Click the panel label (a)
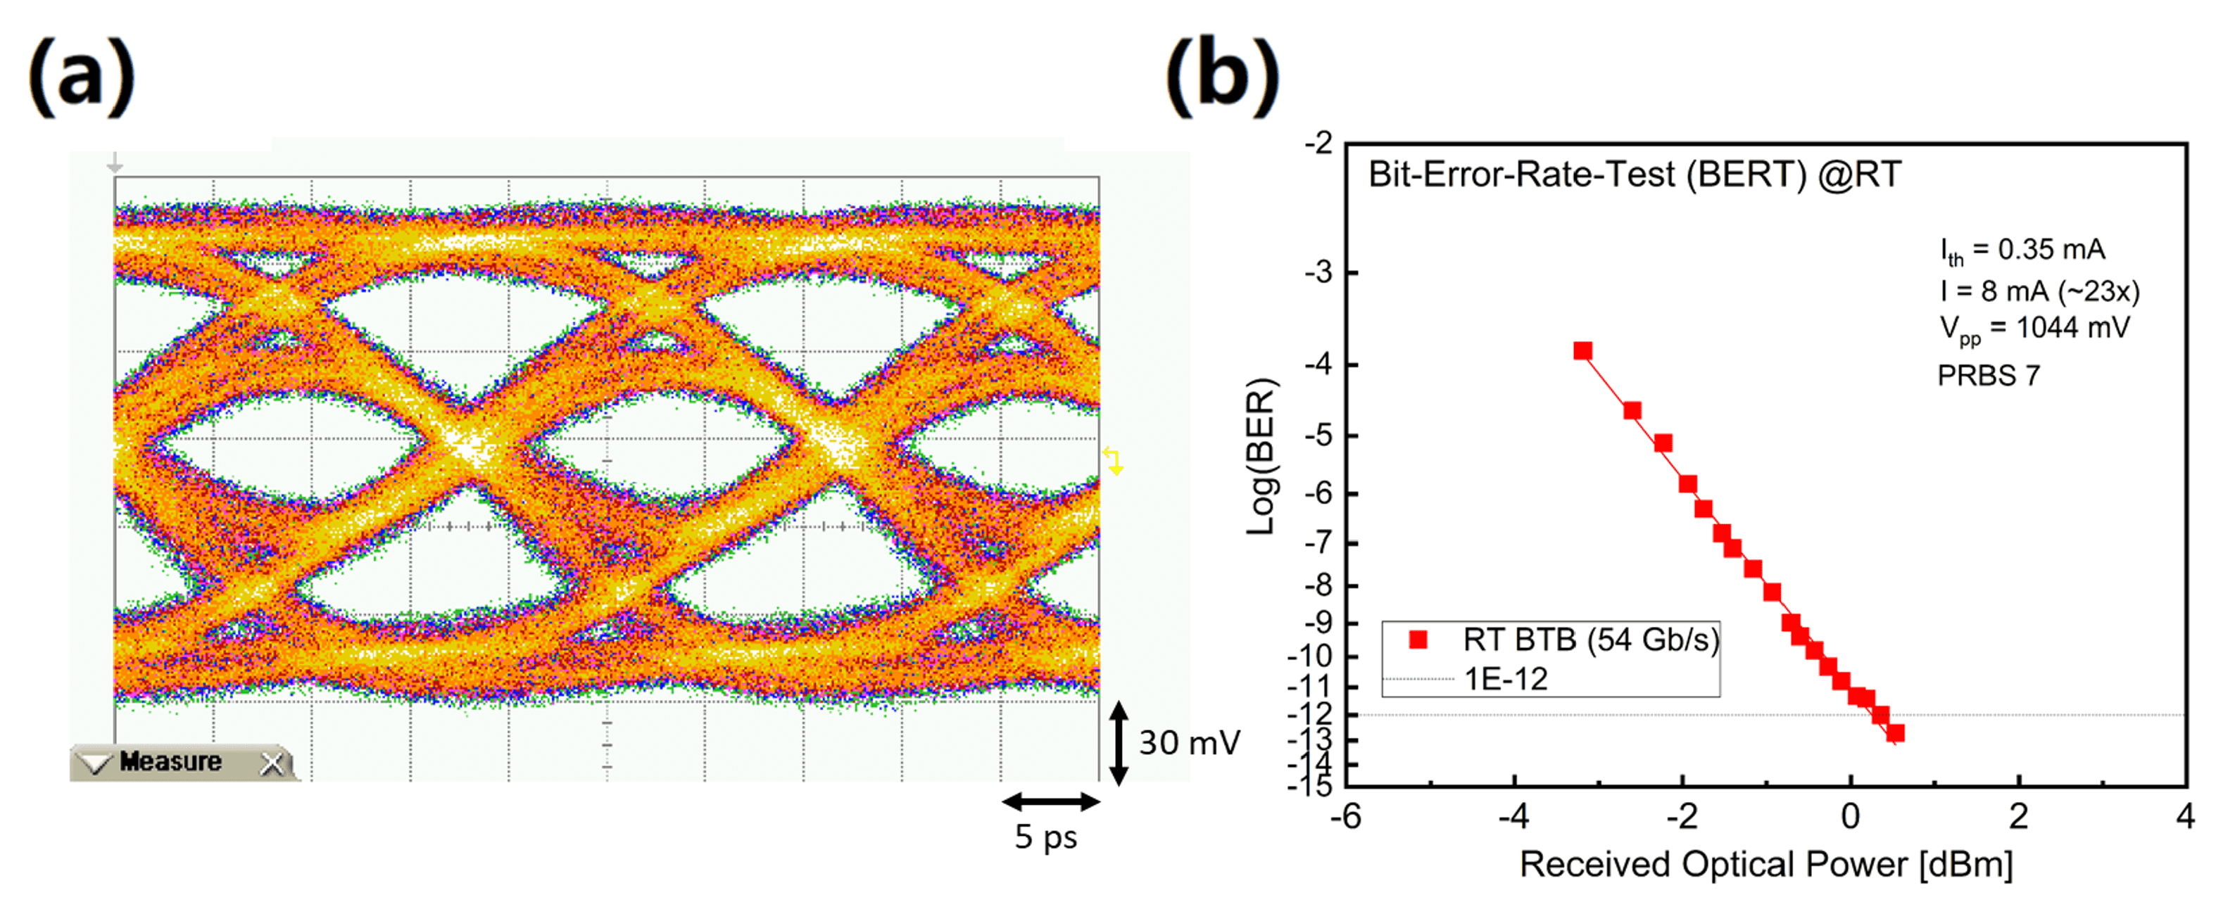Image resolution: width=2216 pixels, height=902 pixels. [x=82, y=77]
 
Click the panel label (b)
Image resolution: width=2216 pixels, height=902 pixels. [x=1221, y=77]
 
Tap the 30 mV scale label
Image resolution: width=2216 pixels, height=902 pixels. [x=1189, y=743]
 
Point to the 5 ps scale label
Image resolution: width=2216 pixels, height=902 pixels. [x=1045, y=837]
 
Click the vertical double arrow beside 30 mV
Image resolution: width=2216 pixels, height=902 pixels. [x=1119, y=743]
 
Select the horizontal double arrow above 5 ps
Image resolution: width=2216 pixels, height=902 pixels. [x=1050, y=802]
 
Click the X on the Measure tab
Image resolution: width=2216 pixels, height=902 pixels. [x=272, y=763]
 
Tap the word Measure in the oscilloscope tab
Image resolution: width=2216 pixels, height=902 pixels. [x=170, y=762]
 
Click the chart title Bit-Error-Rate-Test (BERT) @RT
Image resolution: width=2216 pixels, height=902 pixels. [x=1635, y=174]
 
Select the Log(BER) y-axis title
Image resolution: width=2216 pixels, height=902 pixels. [x=1261, y=457]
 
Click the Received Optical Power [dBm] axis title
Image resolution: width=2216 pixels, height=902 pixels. [x=1766, y=864]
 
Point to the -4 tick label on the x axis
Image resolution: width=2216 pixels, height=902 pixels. [x=1513, y=816]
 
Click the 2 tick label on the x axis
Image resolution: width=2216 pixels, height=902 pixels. [x=2018, y=816]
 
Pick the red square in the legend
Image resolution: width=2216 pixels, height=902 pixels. [x=1418, y=640]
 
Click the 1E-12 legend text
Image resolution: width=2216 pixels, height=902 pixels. [x=1506, y=679]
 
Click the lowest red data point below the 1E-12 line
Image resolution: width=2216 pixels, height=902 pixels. [x=1895, y=733]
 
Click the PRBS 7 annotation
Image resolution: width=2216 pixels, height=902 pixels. [x=1988, y=376]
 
